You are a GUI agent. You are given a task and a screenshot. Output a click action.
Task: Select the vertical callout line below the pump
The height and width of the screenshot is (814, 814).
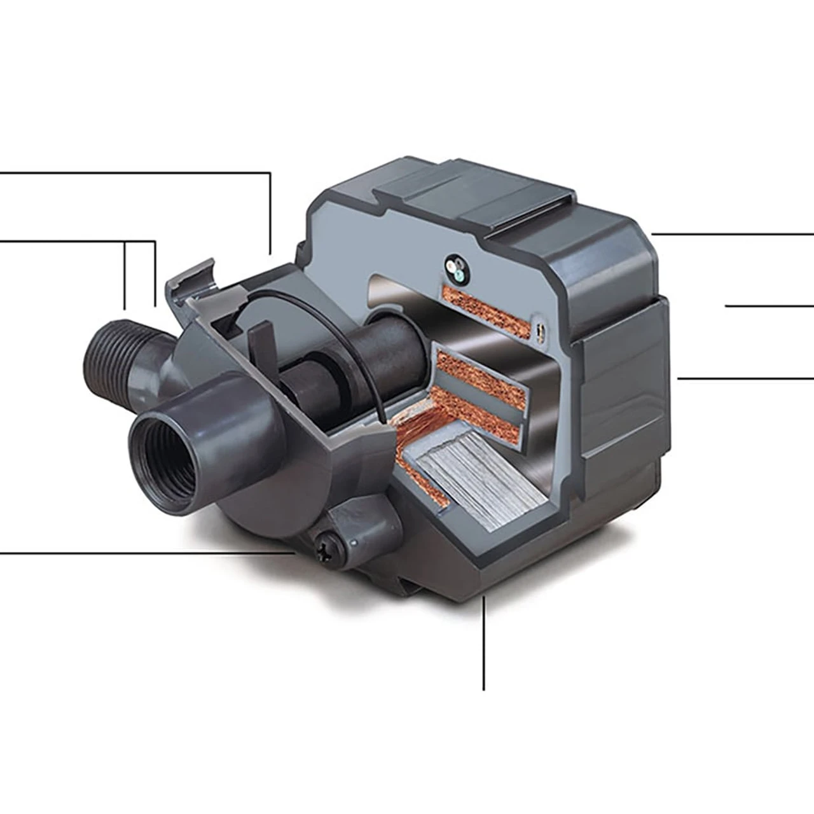click(484, 642)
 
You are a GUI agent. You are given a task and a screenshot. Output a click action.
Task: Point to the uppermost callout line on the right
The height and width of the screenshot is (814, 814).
click(731, 234)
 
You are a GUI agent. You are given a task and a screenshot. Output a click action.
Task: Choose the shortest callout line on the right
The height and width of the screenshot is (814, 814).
click(769, 306)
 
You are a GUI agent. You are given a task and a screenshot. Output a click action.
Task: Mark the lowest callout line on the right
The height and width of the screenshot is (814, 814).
click(744, 378)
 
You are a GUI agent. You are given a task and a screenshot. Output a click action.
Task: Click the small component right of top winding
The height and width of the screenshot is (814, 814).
click(541, 330)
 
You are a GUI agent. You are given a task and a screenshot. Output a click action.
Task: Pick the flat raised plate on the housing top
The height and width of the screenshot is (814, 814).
click(471, 191)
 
